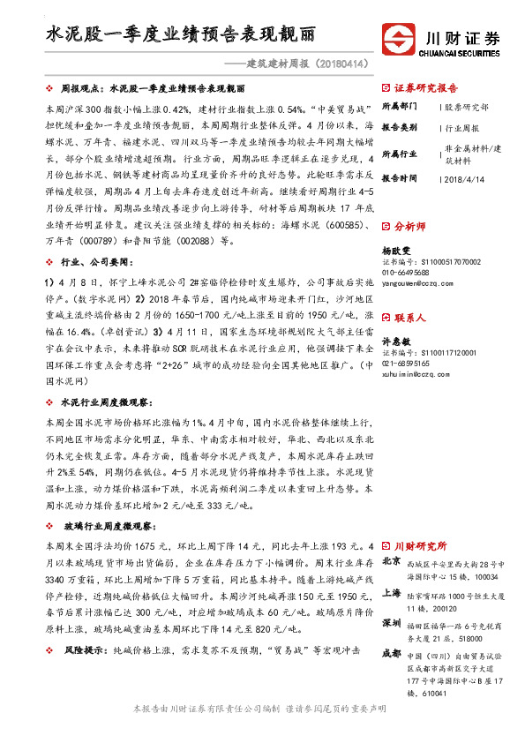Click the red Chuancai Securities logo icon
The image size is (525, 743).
pyautogui.click(x=398, y=41)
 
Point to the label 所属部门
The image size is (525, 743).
pyautogui.click(x=401, y=107)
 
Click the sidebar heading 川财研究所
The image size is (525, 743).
pyautogui.click(x=420, y=546)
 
